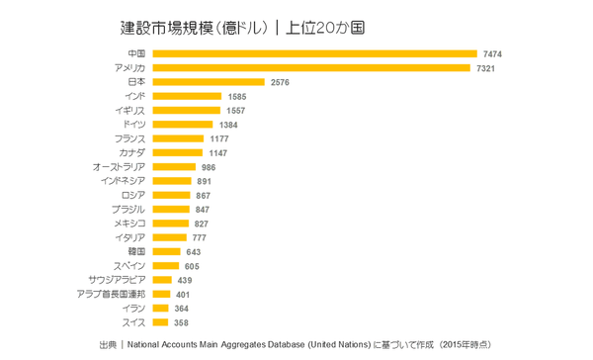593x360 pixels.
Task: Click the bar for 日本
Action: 208,82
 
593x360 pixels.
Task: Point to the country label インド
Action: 135,96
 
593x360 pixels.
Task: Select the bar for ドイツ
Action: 182,125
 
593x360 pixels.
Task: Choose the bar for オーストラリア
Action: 174,167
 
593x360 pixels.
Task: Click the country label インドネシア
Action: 123,181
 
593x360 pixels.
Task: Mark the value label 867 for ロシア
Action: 204,196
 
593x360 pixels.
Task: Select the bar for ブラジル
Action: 170,210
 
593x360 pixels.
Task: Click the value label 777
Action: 199,238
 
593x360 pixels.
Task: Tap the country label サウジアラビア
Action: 118,280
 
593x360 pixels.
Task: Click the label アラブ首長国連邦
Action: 111,295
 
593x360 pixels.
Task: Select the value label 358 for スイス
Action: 181,322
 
